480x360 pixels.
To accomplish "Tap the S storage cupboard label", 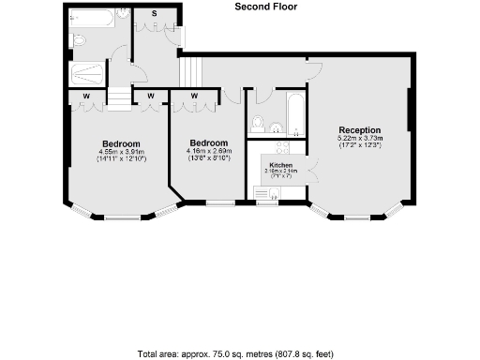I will (x=154, y=14).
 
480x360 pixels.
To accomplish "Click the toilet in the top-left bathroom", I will (x=79, y=40).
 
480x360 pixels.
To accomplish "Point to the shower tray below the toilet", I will (x=89, y=74).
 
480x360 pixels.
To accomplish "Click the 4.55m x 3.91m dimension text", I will (x=121, y=152).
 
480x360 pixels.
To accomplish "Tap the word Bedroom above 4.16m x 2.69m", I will (x=208, y=142).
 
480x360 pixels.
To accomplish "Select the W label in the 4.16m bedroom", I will (x=194, y=96).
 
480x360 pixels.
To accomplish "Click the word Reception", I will (x=360, y=130).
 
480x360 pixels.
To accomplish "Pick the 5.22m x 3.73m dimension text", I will (x=360, y=139).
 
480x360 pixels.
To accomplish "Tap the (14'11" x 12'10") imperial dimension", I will (x=121, y=160).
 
